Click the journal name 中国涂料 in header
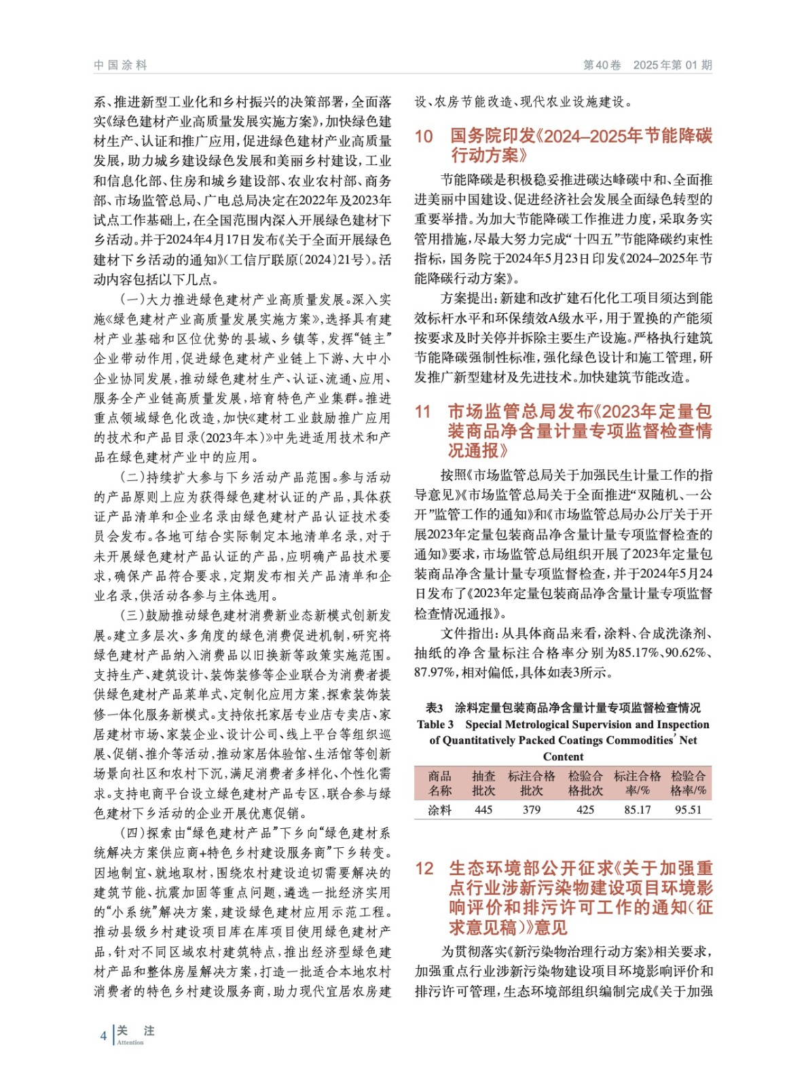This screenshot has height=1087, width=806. click(x=120, y=65)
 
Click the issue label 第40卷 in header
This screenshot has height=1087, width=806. click(x=602, y=65)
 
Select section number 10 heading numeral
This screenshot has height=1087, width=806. click(x=424, y=137)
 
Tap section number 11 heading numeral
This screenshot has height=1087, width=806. click(x=423, y=412)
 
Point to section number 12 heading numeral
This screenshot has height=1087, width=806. click(x=424, y=868)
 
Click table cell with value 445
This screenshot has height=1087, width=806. click(x=483, y=810)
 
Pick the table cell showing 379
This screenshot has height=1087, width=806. click(x=532, y=810)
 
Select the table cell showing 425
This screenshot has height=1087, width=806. click(x=585, y=810)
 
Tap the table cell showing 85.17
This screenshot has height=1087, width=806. click(x=637, y=810)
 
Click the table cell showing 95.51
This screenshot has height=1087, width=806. click(x=688, y=810)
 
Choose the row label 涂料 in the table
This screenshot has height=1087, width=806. click(x=439, y=810)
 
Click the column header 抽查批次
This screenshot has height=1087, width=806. click(x=483, y=783)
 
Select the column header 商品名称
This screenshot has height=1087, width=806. click(x=439, y=783)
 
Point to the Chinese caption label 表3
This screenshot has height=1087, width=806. click(x=434, y=708)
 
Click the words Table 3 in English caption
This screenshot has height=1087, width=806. click(x=435, y=724)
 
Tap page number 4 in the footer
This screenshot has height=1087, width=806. click(x=103, y=1035)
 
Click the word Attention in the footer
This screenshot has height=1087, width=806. click(x=130, y=1042)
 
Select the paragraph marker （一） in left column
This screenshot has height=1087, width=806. click(x=133, y=300)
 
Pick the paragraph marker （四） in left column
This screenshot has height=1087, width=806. click(x=133, y=833)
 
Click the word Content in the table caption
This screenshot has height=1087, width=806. click(x=563, y=757)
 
